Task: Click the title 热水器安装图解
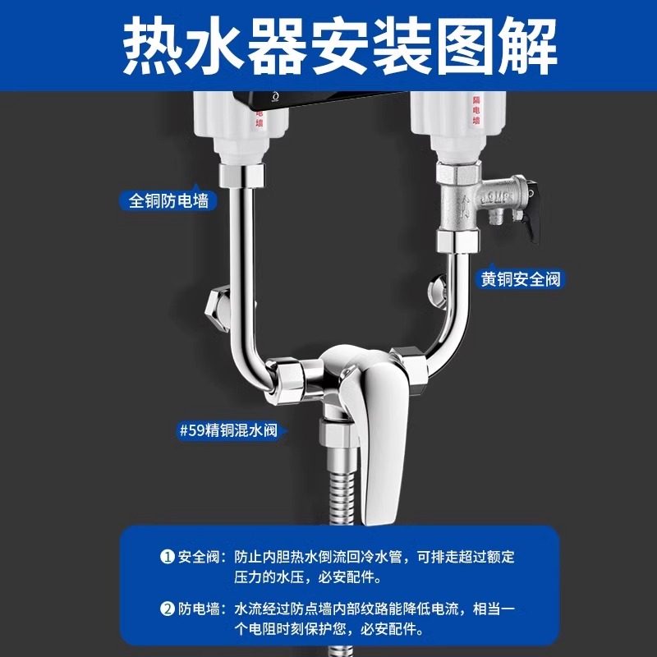pos(328,39)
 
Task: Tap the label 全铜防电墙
pos(168,200)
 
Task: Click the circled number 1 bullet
pos(168,557)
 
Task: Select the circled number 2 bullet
pos(168,609)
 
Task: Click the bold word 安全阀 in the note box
pos(200,557)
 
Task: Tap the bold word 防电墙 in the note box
pos(200,609)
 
